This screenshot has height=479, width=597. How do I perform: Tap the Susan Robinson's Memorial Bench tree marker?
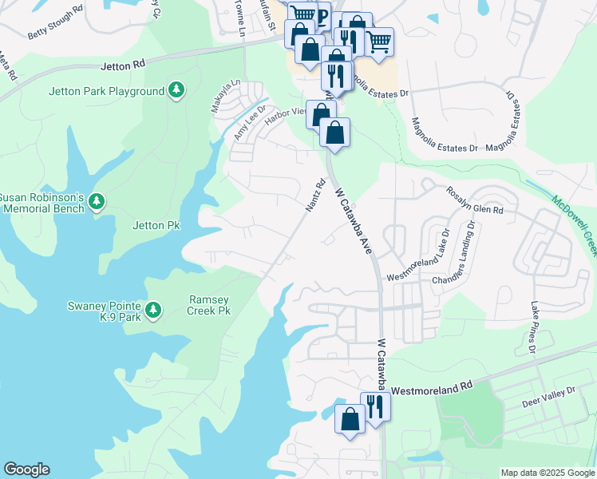pyautogui.click(x=97, y=201)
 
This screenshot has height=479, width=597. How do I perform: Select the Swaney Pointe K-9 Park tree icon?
pyautogui.click(x=153, y=309)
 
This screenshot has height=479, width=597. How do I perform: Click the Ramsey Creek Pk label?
pyautogui.click(x=209, y=305)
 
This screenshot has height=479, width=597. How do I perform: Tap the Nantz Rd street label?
pyautogui.click(x=316, y=195)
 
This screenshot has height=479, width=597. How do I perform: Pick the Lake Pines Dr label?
pyautogui.click(x=532, y=327)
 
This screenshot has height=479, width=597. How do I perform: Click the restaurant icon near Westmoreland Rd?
pyautogui.click(x=374, y=406)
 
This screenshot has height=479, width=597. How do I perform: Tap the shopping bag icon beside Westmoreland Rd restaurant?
pyautogui.click(x=350, y=418)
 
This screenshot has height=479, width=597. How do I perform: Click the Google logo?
pyautogui.click(x=26, y=469)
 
